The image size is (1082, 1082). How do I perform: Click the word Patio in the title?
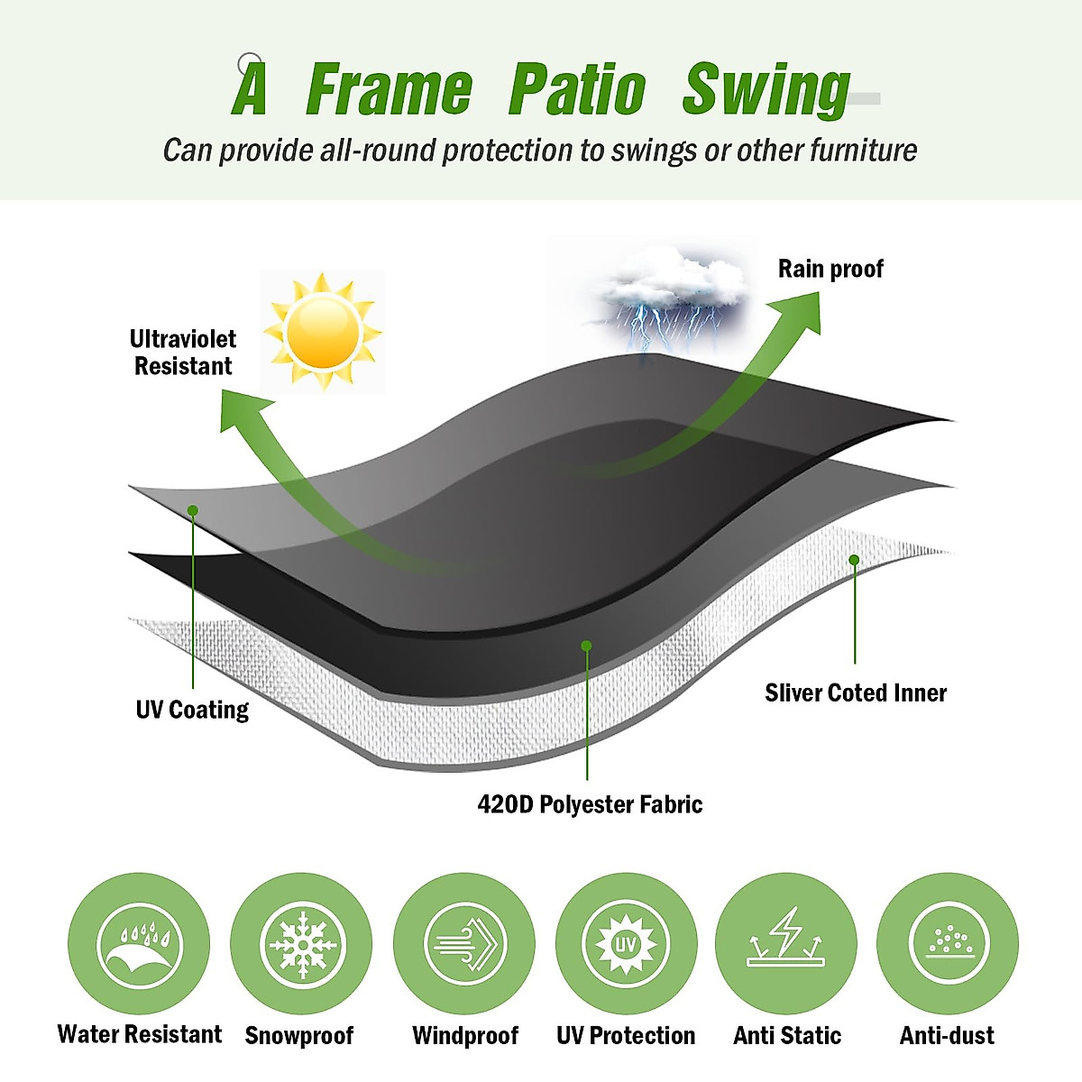577,90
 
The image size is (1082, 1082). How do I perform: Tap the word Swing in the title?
766,90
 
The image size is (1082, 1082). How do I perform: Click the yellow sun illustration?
322,332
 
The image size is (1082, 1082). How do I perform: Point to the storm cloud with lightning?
672,293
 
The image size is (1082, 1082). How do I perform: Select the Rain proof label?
830,269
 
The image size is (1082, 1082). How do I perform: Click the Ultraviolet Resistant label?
183,353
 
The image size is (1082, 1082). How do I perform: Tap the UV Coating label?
192,710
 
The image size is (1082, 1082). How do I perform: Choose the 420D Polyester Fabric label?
590,804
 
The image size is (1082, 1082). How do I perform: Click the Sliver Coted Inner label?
856,692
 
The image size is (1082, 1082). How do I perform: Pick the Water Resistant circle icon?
139,944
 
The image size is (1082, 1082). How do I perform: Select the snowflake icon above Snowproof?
301,944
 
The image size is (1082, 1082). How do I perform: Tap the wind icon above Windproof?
464,944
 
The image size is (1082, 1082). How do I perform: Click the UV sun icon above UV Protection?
626,944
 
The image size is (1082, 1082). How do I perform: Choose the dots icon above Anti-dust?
948,944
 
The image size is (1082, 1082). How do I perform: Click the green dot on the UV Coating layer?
193,510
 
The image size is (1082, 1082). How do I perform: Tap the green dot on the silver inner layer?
854,560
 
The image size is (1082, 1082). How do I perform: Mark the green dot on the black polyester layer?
586,646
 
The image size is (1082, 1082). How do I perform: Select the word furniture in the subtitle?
863,150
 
